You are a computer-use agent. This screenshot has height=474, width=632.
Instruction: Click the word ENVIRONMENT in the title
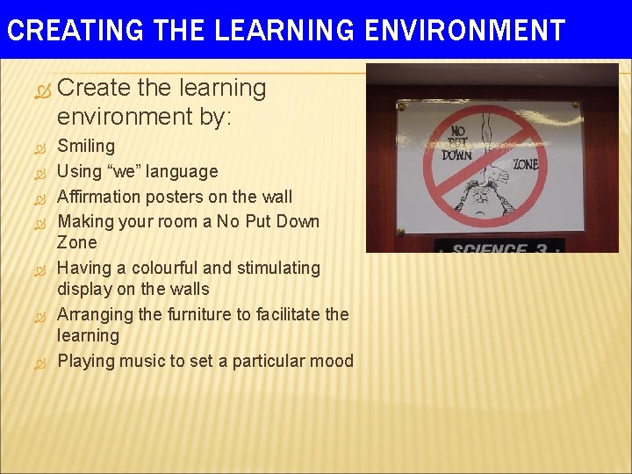[x=464, y=31]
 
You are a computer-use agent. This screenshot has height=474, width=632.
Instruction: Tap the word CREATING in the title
[x=74, y=31]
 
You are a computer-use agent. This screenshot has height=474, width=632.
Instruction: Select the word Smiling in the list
[x=86, y=146]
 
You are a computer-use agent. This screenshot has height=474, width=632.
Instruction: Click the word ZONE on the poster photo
[x=524, y=165]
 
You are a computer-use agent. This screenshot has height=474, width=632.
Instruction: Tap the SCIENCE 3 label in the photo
[x=499, y=248]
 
